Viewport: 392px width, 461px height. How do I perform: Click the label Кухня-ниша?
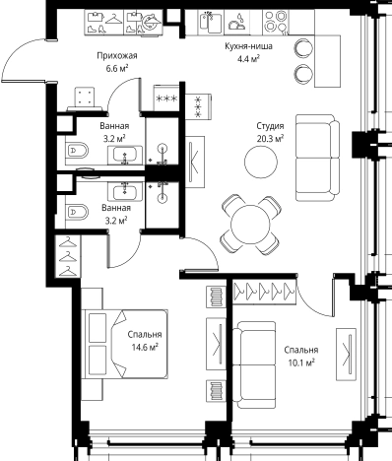tap(248, 46)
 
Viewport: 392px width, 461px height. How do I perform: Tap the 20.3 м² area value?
tap(271, 139)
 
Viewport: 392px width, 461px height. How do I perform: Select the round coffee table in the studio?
tap(261, 162)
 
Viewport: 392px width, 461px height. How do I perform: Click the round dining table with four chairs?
tap(251, 226)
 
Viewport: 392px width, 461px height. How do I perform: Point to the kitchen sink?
tap(211, 22)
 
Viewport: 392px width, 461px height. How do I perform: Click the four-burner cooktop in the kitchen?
tap(276, 21)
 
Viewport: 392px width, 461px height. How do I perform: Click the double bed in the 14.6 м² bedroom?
tap(125, 344)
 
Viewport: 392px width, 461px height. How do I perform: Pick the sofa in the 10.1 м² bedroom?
tap(256, 364)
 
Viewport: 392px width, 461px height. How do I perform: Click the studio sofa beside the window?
tap(318, 158)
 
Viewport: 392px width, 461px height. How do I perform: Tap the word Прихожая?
tap(117, 56)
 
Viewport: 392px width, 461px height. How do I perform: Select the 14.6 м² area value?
tap(146, 347)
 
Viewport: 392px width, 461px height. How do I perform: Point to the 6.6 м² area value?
tap(117, 69)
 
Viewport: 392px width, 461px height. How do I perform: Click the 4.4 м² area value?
tap(248, 59)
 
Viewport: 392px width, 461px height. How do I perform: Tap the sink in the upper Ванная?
tap(125, 155)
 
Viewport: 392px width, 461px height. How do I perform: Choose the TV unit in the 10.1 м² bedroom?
tap(346, 355)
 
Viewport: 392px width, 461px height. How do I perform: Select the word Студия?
tap(270, 126)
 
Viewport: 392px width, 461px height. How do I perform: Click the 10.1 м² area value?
tap(301, 362)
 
